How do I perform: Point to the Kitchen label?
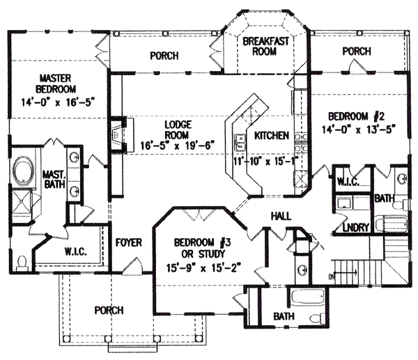point(271,136)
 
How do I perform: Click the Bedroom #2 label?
point(353,116)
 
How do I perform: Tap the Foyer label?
point(130,243)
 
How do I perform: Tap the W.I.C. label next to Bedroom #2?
point(348,181)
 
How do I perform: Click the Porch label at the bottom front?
point(111,310)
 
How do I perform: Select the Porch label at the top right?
point(357,52)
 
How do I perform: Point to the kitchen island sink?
point(240,143)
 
